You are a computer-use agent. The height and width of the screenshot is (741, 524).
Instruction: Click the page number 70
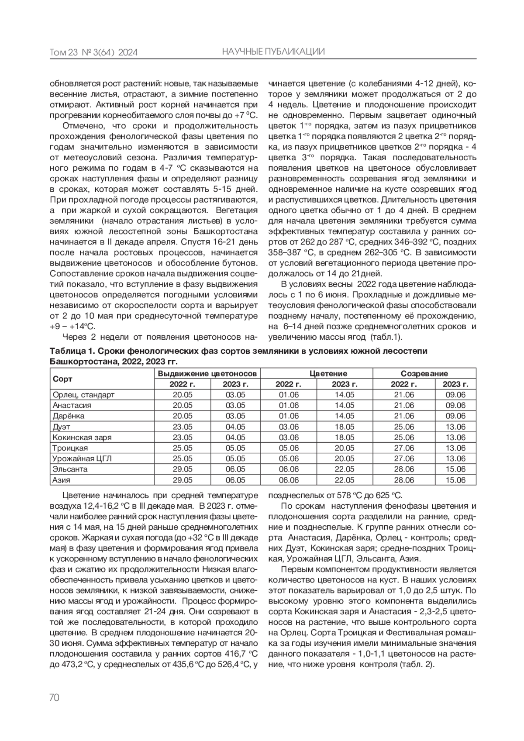click(54, 697)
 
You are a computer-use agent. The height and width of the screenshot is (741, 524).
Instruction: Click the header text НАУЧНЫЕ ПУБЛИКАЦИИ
click(273, 52)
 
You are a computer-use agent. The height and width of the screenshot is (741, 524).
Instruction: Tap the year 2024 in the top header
click(128, 53)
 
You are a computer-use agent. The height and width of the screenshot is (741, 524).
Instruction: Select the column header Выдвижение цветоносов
click(208, 374)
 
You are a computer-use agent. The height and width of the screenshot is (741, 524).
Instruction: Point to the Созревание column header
click(424, 374)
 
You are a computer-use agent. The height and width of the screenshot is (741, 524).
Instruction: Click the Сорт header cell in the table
click(62, 379)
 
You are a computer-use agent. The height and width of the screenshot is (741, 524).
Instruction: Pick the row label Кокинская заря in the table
click(82, 438)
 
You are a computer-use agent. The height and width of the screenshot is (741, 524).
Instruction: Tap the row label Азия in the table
click(62, 480)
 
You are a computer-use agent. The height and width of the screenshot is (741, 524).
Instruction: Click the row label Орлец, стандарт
click(83, 395)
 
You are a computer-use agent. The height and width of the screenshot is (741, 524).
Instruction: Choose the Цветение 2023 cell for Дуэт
click(345, 427)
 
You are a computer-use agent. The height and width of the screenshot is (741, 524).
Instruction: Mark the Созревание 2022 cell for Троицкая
click(404, 448)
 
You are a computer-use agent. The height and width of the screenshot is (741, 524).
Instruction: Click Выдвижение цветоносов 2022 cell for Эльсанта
click(183, 469)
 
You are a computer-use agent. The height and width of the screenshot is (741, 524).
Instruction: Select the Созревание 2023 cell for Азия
click(455, 480)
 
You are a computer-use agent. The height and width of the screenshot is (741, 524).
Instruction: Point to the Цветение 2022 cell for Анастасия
click(289, 405)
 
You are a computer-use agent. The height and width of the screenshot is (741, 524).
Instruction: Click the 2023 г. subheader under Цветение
click(345, 384)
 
